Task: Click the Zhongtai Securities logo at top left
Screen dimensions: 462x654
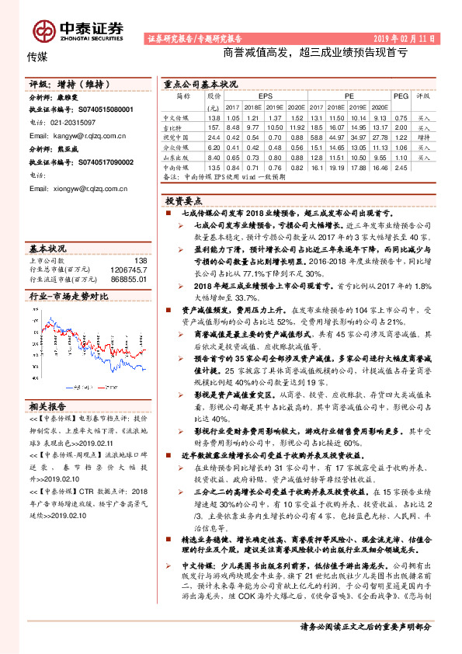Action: tap(78, 30)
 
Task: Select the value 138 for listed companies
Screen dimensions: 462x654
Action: tap(140, 261)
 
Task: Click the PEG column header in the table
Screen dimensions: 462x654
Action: tap(400, 96)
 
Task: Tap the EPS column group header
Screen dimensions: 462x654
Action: tap(266, 96)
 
